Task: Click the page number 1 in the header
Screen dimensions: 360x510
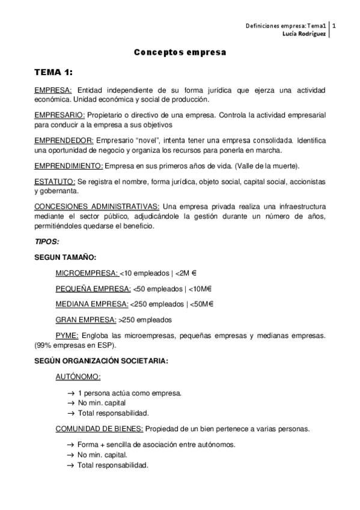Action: (334, 26)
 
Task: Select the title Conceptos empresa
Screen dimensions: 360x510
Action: (180, 52)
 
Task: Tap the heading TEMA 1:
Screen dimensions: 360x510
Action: (53, 72)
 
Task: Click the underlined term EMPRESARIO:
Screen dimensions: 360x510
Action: (60, 114)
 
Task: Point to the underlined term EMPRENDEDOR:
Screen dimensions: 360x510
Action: (63, 140)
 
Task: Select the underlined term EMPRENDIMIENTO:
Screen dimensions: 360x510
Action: (69, 165)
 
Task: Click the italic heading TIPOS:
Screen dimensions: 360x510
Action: (47, 241)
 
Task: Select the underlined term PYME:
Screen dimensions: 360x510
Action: (66, 335)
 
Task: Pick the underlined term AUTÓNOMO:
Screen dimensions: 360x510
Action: (78, 377)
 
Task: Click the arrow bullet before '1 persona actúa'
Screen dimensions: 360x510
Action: (71, 393)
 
